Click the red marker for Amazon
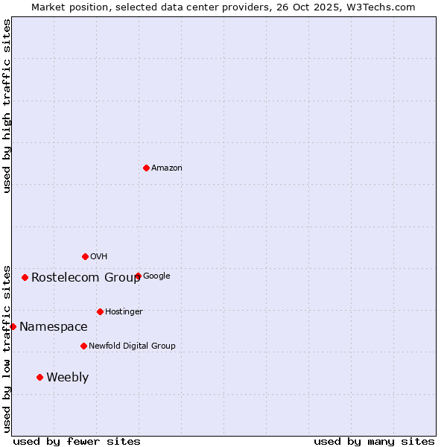146,168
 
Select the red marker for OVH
85,256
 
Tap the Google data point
138,276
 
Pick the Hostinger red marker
100,311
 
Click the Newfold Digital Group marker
83,346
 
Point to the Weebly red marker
39,377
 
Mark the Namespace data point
13,326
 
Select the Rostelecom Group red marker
25,277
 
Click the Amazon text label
167,168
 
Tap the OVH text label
99,257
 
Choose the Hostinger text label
124,311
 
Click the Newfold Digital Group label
132,346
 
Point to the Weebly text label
67,378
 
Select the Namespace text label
53,327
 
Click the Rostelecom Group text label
86,278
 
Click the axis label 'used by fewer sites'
77,441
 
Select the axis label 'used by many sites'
374,441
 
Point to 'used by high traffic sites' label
7,106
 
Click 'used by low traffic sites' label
7,348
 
